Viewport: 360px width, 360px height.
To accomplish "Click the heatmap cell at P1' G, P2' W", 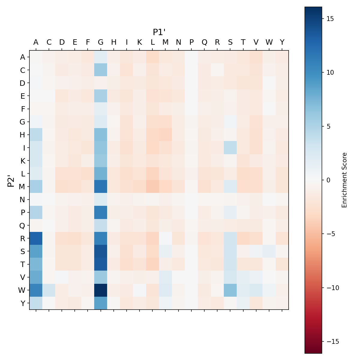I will click(101, 290).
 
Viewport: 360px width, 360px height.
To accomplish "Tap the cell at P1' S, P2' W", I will click(230, 290).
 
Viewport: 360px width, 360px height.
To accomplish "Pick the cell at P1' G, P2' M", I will click(101, 187).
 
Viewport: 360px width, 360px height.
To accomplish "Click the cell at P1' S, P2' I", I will click(230, 148).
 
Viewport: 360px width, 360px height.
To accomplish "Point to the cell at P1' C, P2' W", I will click(49, 290).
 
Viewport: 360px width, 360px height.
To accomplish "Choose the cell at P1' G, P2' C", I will click(101, 70).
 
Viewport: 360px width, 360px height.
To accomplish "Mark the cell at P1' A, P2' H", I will click(36, 135).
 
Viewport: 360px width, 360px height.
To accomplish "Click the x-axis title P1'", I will click(159, 32).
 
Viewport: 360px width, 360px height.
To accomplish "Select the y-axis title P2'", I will click(11, 180).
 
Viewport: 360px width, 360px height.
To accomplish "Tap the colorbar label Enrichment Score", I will click(344, 180).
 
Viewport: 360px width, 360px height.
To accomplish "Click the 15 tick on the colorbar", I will click(330, 19).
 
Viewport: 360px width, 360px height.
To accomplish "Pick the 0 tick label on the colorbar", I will click(328, 180).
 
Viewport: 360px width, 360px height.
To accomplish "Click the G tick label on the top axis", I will click(101, 42).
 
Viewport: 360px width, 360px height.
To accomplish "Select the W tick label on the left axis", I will click(22, 290).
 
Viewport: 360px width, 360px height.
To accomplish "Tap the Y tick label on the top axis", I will click(282, 42).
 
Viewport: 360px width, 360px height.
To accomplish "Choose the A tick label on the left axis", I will click(22, 57).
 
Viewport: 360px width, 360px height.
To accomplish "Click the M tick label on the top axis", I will click(166, 42).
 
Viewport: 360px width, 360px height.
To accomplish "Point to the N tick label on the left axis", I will click(22, 199).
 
